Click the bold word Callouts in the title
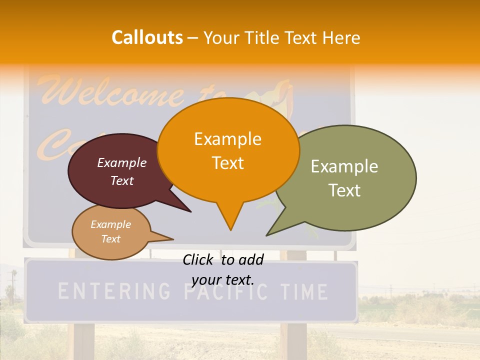pyautogui.click(x=147, y=37)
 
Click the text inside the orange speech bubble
pyautogui.click(x=228, y=150)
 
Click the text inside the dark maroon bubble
pyautogui.click(x=122, y=171)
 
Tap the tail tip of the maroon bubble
pyautogui.click(x=190, y=211)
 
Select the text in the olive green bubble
pyautogui.click(x=344, y=178)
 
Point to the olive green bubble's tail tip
pyautogui.click(x=267, y=235)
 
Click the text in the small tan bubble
pyautogui.click(x=110, y=231)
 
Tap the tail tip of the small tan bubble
pyautogui.click(x=173, y=238)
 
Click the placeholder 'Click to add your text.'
pyautogui.click(x=223, y=269)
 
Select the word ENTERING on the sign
pyautogui.click(x=114, y=291)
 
